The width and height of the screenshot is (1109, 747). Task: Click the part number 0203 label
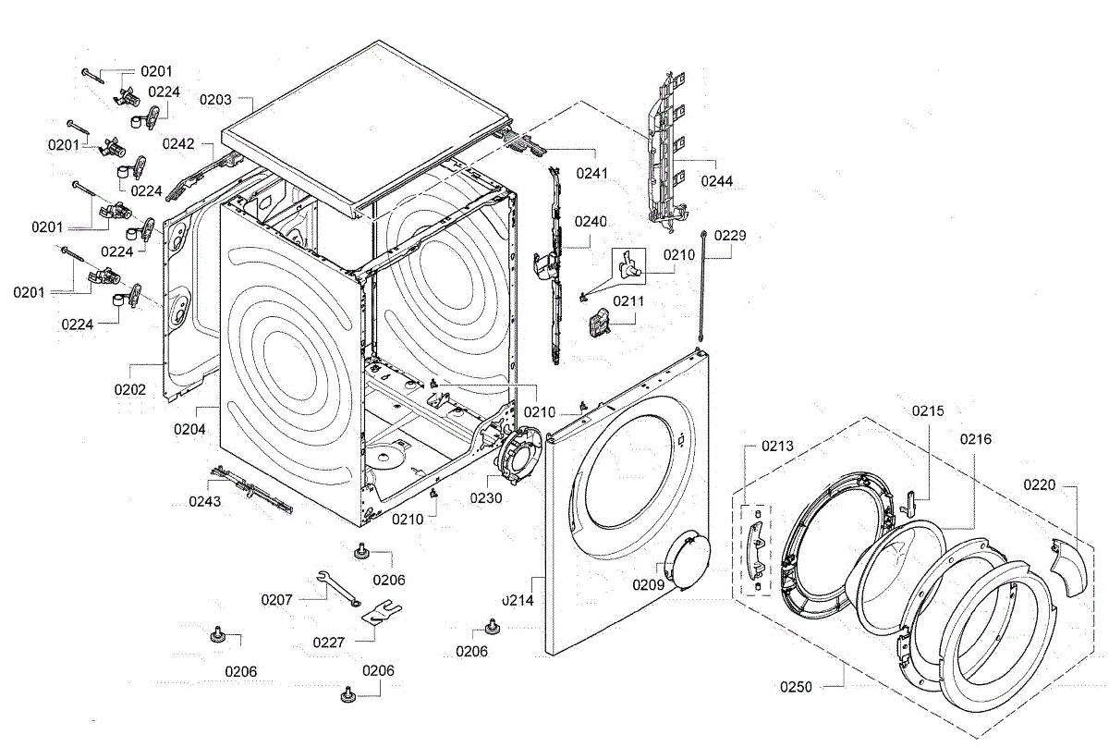click(x=214, y=99)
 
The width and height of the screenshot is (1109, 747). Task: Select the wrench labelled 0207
click(x=338, y=588)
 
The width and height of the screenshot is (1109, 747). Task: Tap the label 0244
click(x=716, y=181)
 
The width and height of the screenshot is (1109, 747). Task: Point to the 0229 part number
click(x=728, y=236)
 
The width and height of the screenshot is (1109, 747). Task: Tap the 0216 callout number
click(x=974, y=439)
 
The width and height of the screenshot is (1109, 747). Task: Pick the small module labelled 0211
click(x=598, y=322)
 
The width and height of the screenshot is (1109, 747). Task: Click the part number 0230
click(x=485, y=497)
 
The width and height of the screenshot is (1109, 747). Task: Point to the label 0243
click(x=205, y=501)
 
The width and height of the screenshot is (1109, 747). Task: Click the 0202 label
click(x=131, y=390)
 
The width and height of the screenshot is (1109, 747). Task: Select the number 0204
click(x=190, y=429)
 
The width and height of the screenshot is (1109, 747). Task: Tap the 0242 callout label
click(x=179, y=143)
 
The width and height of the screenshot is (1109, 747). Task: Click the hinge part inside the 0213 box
click(x=757, y=545)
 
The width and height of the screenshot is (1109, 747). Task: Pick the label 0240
click(x=591, y=222)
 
